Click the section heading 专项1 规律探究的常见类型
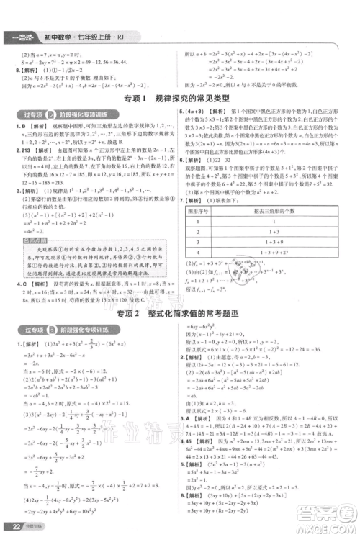pos(179,97)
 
